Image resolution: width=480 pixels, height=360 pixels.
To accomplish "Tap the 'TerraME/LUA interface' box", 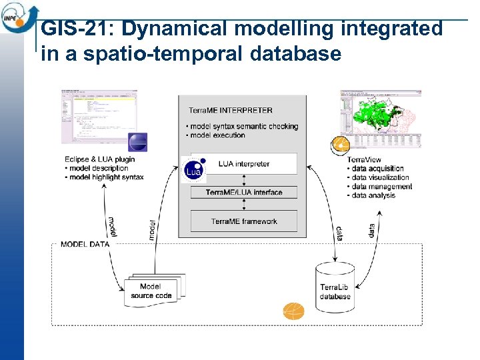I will tap(243, 193).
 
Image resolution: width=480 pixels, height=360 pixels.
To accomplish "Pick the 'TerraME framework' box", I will tap(243, 221).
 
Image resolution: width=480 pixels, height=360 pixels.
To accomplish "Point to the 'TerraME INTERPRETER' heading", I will tap(230, 111).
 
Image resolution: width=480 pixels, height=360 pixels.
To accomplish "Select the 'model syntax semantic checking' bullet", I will tap(243, 127).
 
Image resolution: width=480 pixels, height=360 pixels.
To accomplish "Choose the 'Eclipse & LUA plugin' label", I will tap(99, 159).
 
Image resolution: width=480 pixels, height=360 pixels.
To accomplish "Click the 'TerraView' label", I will tap(364, 160).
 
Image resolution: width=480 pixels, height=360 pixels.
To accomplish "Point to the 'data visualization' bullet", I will tap(379, 178).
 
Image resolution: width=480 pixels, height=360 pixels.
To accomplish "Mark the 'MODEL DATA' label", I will tap(85, 244).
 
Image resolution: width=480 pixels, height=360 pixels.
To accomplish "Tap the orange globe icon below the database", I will tap(293, 311).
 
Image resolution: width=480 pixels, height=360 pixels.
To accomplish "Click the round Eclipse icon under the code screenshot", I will tap(137, 143).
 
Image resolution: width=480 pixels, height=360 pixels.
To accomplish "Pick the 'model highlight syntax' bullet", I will tap(107, 177).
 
